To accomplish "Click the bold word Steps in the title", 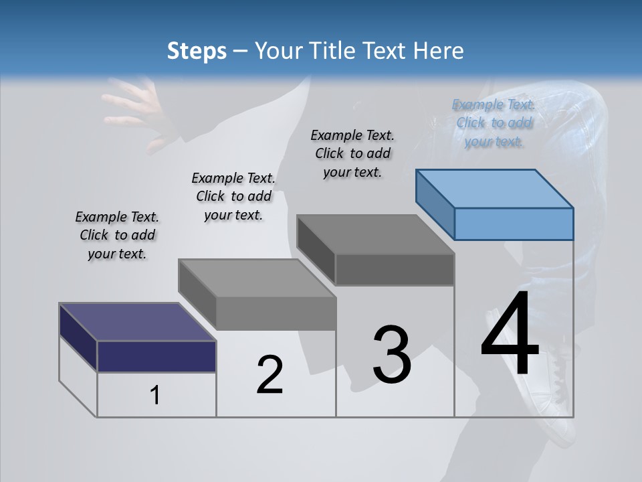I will [197, 51].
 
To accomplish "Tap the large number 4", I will [510, 335].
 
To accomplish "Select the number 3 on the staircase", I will [392, 355].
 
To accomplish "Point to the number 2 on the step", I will [270, 375].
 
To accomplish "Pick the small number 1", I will [155, 396].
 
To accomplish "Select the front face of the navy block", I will [156, 356].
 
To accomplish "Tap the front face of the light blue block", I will [514, 224].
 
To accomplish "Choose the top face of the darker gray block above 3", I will [375, 234].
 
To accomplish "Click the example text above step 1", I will [117, 235].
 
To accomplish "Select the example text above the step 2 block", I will [233, 196].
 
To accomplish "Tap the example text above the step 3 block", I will [352, 153].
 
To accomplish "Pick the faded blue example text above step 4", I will [494, 123].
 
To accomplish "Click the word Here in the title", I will [439, 51].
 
